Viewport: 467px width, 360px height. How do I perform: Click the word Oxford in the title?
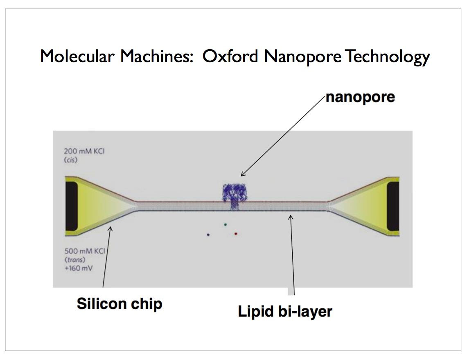pyautogui.click(x=230, y=56)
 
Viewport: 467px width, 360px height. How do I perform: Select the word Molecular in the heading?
pyautogui.click(x=77, y=56)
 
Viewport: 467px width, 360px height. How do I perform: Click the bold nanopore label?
pyautogui.click(x=360, y=97)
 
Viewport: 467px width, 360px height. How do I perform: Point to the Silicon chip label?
pyautogui.click(x=120, y=304)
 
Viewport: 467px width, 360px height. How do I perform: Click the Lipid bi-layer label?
pyautogui.click(x=285, y=312)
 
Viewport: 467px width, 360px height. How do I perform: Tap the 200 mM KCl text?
pyautogui.click(x=84, y=151)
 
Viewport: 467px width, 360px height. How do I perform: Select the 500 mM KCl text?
pyautogui.click(x=85, y=251)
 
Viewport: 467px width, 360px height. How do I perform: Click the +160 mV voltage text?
pyautogui.click(x=79, y=268)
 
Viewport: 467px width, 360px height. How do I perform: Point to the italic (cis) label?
pyautogui.click(x=70, y=160)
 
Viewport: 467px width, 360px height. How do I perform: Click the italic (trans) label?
pyautogui.click(x=75, y=260)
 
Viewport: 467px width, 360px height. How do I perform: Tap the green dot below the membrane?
pyautogui.click(x=226, y=224)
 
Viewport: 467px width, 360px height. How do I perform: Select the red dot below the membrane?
pyautogui.click(x=236, y=233)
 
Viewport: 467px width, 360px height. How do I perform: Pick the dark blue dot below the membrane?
pyautogui.click(x=208, y=235)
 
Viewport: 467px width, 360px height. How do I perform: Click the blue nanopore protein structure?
pyautogui.click(x=235, y=196)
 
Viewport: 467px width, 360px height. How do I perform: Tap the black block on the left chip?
pyautogui.click(x=72, y=206)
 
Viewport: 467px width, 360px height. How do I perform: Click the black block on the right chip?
pyautogui.click(x=393, y=206)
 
